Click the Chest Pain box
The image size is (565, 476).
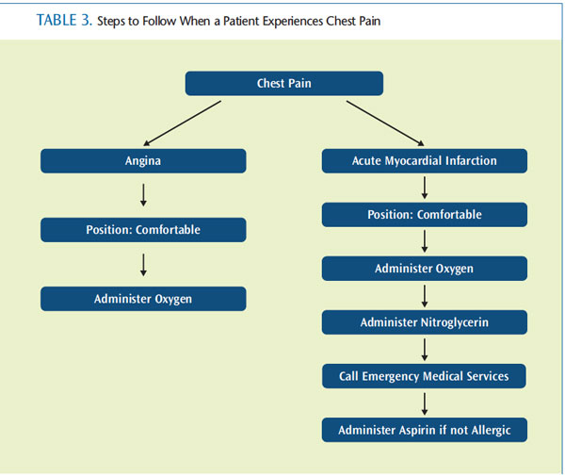(284, 83)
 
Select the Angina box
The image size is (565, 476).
(143, 161)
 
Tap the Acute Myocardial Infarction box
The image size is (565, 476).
(425, 161)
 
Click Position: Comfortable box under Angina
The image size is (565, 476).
(143, 230)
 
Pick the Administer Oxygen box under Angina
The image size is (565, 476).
(143, 299)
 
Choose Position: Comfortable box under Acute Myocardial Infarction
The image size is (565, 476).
(425, 215)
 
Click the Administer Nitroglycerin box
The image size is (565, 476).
(425, 322)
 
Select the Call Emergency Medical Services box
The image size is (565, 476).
(424, 376)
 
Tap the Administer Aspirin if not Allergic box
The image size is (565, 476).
(425, 430)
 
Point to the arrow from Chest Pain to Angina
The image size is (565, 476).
(182, 123)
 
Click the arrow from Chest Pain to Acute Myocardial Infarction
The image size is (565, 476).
(385, 123)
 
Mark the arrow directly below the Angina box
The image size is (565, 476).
(143, 195)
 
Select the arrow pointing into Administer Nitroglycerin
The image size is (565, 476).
(425, 296)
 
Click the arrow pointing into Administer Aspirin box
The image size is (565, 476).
(425, 403)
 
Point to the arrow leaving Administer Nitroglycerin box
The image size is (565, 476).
(425, 350)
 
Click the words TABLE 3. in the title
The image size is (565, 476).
(64, 20)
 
